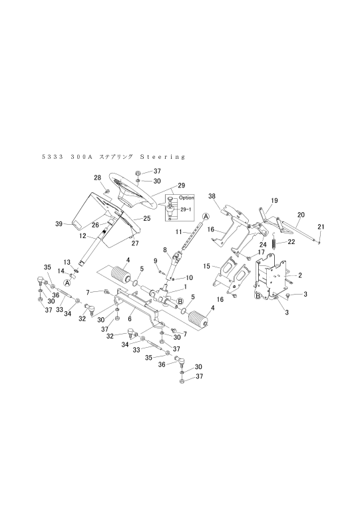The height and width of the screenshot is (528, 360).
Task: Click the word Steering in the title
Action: click(163, 157)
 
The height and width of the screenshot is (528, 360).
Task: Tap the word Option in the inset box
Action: click(186, 198)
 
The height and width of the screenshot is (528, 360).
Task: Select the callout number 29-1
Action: click(186, 209)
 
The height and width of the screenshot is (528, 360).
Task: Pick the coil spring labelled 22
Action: click(275, 241)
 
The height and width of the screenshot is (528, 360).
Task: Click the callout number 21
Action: click(321, 227)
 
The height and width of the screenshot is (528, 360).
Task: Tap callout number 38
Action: click(212, 196)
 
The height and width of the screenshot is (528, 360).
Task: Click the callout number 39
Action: click(59, 223)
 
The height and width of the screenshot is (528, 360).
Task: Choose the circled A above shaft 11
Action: click(206, 216)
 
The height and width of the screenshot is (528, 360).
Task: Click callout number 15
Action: click(206, 267)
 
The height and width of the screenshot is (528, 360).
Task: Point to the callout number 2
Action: click(300, 275)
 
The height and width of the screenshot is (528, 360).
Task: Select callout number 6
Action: click(130, 319)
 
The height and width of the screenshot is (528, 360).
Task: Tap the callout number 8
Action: click(165, 250)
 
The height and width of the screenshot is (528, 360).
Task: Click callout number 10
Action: click(189, 277)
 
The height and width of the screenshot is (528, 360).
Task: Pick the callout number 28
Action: click(97, 178)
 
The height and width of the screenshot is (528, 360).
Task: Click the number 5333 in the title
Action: click(53, 157)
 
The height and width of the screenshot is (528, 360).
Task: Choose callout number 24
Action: click(264, 245)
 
